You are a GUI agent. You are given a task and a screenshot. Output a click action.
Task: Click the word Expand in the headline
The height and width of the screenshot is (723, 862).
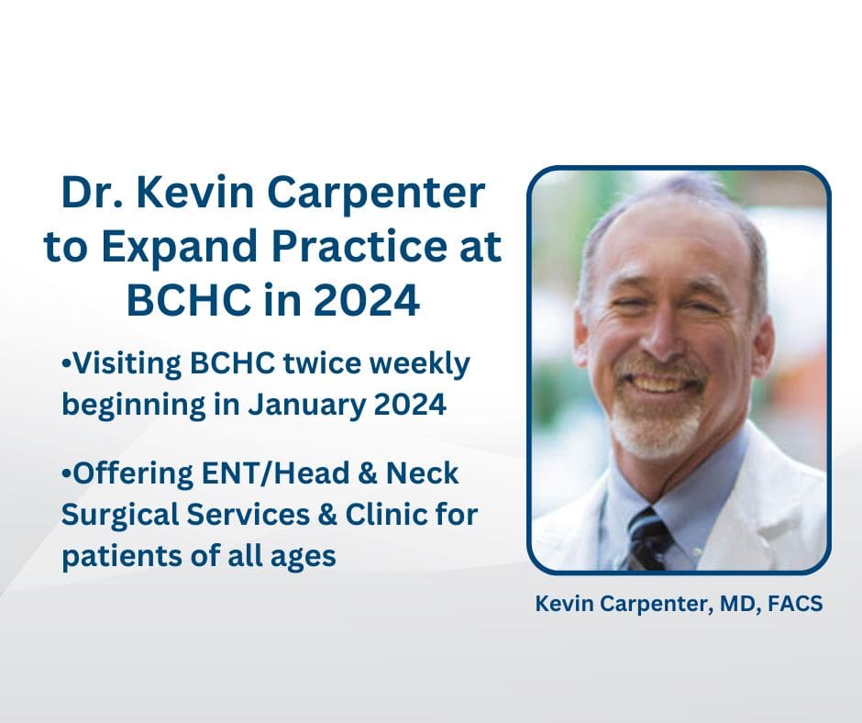[179, 247]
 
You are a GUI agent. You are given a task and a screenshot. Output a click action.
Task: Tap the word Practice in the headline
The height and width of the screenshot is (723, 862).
[360, 246]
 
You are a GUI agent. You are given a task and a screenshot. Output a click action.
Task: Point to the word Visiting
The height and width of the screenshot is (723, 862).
[127, 363]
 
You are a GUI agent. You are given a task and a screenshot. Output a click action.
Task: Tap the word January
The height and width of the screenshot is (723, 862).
[307, 406]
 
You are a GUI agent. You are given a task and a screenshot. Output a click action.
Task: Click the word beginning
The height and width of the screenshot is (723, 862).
[133, 406]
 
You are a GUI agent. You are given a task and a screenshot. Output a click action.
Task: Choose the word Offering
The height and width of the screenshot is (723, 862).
[133, 474]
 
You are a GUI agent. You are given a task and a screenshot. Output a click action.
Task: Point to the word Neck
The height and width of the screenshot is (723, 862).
[423, 473]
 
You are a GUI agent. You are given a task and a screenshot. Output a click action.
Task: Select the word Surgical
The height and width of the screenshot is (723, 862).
[120, 516]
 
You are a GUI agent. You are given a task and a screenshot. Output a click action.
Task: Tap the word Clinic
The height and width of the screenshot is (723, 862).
[386, 515]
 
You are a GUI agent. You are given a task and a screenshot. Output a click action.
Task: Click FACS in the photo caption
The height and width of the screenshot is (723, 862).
[795, 604]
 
